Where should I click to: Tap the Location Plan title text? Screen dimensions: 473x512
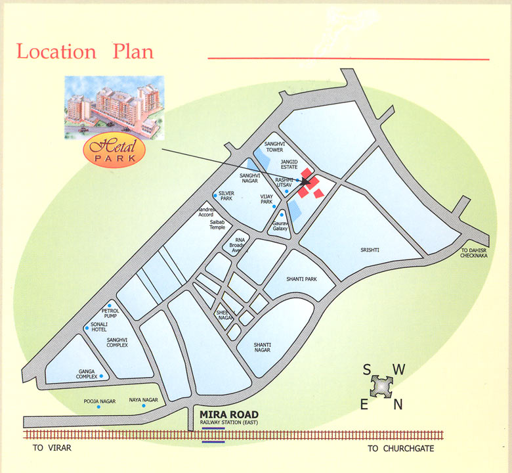tap(85, 51)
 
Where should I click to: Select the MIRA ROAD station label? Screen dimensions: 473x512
tap(228, 415)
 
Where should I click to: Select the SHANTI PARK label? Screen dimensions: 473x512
tap(301, 279)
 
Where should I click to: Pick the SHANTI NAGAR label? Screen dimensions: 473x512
tap(267, 348)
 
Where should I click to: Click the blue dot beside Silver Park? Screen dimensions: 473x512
tap(215, 195)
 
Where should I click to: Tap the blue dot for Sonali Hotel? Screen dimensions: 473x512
tap(86, 327)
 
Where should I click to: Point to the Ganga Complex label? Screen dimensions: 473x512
tap(87, 374)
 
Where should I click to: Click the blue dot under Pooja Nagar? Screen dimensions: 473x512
tap(99, 407)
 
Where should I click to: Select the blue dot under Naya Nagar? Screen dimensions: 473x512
tap(142, 406)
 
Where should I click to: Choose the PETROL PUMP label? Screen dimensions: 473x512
tap(109, 313)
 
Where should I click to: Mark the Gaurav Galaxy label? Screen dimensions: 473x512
tap(281, 225)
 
